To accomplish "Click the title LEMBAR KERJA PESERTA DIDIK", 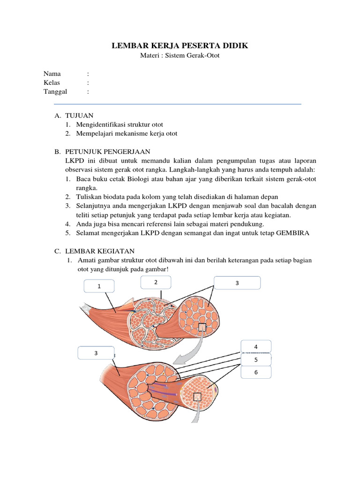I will (180, 45).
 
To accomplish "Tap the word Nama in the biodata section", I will (52, 74).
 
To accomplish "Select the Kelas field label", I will (52, 82).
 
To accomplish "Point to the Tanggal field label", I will (55, 91).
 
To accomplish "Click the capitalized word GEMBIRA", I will (291, 233).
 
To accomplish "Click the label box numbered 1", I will (99, 285).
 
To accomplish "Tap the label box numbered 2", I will (156, 282).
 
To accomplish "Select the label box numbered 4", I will (256, 347).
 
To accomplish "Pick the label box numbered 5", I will (256, 360).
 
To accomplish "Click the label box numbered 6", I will (256, 372).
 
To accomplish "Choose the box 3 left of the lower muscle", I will (96, 353).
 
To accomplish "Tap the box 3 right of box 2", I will (237, 283).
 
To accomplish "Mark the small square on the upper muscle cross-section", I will (202, 327).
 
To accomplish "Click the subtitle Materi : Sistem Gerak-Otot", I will (180, 55).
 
